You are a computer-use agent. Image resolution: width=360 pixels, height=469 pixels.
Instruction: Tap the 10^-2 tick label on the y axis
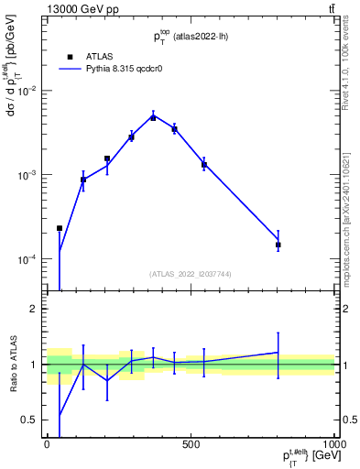27,91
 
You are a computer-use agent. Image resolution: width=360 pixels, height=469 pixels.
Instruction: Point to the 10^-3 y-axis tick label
27,175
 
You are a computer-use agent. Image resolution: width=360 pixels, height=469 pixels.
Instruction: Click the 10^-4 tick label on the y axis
27,259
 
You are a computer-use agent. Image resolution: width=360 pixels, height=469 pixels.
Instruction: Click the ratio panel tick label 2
34,309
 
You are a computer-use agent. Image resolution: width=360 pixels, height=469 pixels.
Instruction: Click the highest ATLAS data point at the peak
154,117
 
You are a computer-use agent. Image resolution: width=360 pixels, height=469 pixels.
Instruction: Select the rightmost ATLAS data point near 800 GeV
278,245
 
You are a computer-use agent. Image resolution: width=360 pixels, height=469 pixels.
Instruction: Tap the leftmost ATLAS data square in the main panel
60,228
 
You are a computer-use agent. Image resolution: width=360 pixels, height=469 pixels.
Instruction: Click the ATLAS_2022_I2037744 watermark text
191,274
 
